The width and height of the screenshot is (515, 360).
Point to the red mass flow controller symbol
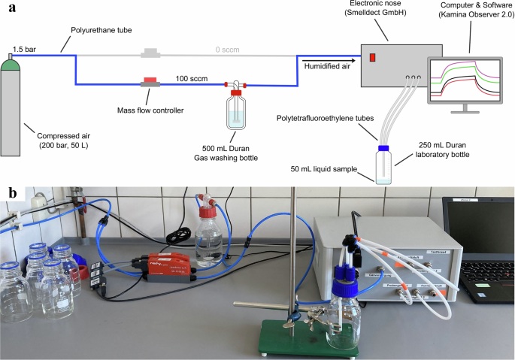[x=150, y=82]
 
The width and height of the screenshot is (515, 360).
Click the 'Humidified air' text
[x=326, y=66]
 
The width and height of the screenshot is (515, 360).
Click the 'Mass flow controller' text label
[x=151, y=110]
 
